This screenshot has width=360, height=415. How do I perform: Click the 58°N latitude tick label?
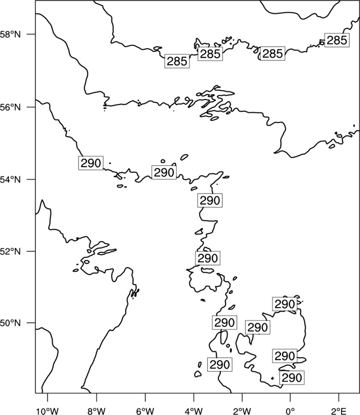coord(11,34)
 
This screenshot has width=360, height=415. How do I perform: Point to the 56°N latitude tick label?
coord(11,107)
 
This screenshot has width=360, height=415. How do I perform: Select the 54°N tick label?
coord(11,180)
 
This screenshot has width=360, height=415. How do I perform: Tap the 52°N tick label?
coord(11,251)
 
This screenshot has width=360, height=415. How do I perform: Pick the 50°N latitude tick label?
coord(11,323)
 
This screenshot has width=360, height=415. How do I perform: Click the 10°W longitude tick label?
coord(48,411)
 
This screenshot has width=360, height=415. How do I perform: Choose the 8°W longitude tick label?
coord(96,411)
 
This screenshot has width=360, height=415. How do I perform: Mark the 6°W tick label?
coord(145,411)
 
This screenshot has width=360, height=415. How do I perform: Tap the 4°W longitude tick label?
coord(194,411)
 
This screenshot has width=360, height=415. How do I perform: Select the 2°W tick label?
coord(242,411)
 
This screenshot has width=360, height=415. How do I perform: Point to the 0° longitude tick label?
coord(290,411)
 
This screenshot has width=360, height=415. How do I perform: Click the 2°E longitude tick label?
coord(338,411)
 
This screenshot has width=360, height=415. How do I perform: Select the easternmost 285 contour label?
coord(337,40)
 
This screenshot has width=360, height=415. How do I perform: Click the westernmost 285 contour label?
coord(177,61)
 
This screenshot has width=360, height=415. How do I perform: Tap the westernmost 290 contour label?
coord(91,163)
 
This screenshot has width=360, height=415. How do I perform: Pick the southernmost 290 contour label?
coord(292,378)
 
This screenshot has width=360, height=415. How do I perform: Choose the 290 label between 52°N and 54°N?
coord(210,200)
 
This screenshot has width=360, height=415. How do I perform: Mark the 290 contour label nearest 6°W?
coord(164,172)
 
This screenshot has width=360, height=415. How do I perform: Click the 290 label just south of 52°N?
coord(208,258)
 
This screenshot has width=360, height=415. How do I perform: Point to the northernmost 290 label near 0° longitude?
coord(285,304)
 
